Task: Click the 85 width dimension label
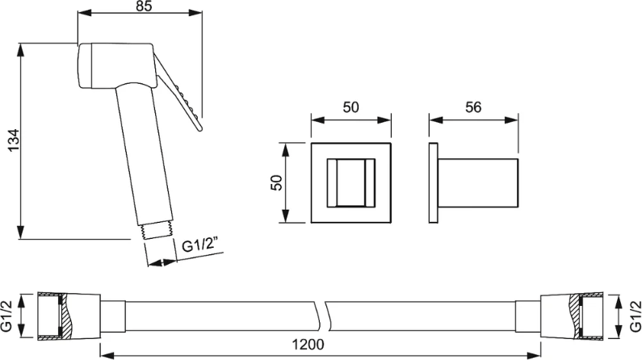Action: coord(143,6)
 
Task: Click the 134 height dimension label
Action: coord(14,140)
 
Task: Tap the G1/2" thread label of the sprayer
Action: coord(199,246)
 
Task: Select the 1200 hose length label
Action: coord(308,345)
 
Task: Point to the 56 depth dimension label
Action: coord(473,107)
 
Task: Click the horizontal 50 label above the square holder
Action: coord(351,107)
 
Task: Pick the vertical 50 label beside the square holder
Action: coord(277,182)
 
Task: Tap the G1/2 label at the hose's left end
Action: coord(7,316)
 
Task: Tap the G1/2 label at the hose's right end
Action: coord(635,316)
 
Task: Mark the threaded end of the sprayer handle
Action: coord(156,231)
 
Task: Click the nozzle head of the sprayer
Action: coord(115,65)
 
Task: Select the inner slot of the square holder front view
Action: coord(351,183)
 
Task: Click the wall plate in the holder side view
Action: coord(433,183)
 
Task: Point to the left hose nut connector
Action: coord(69,316)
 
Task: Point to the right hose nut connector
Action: coord(572,316)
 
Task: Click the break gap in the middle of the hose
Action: coord(321,316)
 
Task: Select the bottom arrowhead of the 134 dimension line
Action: coord(20,232)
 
